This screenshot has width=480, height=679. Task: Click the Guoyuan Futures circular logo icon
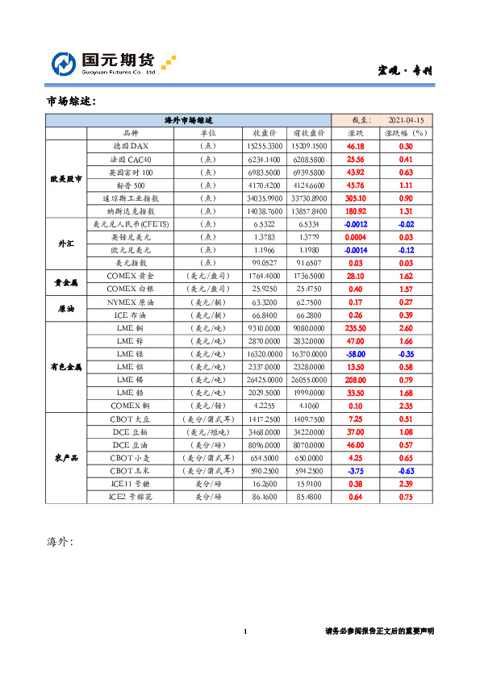(x=65, y=64)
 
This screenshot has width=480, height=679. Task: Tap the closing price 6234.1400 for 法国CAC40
(x=264, y=159)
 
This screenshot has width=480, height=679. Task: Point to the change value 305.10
(x=355, y=198)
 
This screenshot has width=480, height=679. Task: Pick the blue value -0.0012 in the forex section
(x=356, y=223)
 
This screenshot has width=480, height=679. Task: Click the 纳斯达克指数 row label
(x=131, y=210)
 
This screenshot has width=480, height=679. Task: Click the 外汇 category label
(x=65, y=243)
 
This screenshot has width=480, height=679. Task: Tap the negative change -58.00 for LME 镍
(x=356, y=353)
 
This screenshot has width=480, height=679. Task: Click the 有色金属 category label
(x=65, y=366)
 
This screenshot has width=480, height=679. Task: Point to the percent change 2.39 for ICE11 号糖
(x=406, y=483)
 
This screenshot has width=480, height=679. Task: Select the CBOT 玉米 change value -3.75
(x=355, y=470)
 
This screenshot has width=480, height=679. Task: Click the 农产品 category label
(x=65, y=457)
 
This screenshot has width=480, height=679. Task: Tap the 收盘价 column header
(x=265, y=132)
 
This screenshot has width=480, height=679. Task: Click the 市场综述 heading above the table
(x=72, y=102)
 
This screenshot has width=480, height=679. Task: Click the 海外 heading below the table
(x=61, y=541)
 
